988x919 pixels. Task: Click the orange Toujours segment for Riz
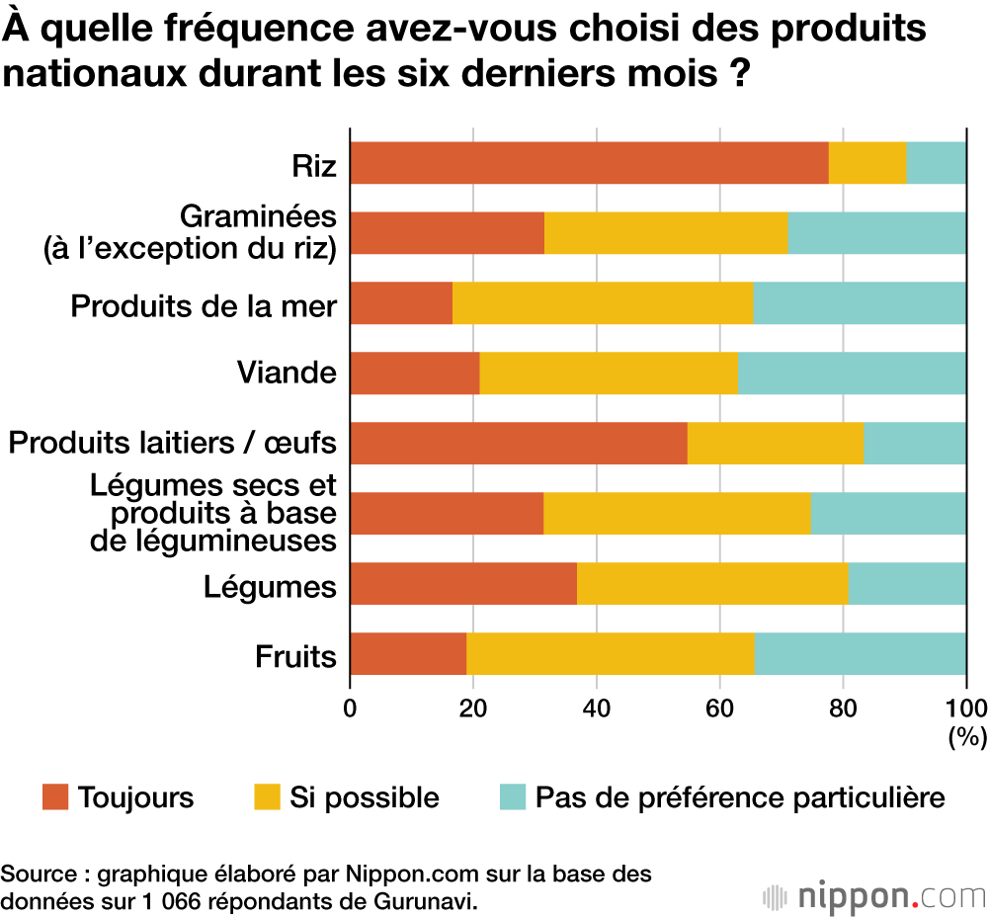(589, 163)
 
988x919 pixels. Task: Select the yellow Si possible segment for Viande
(609, 373)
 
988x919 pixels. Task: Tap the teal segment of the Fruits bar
(860, 653)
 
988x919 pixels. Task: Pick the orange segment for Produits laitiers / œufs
(519, 443)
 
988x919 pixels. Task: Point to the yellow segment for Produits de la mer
(603, 302)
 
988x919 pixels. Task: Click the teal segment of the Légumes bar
(907, 583)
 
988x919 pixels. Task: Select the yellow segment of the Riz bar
(867, 163)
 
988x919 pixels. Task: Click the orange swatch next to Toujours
(55, 796)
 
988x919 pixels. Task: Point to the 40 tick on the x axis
(596, 708)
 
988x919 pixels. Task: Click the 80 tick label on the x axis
(843, 708)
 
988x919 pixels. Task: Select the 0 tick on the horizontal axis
(350, 708)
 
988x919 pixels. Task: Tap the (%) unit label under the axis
(966, 735)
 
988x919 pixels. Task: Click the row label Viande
(287, 374)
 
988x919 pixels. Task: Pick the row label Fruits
(295, 655)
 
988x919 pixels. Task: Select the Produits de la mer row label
(204, 305)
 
